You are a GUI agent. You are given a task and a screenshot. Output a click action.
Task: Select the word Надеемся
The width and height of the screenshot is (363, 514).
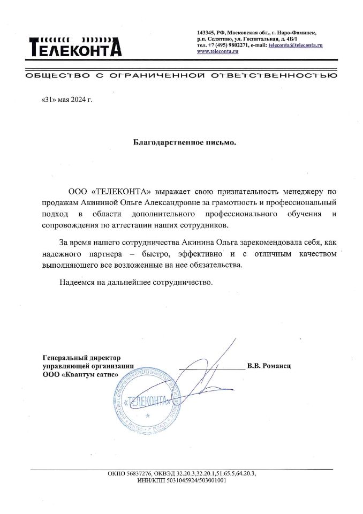(77, 282)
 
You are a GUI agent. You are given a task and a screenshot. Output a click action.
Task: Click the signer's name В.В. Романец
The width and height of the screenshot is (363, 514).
(268, 366)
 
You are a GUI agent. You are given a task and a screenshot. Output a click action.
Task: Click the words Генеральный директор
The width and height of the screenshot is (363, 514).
(82, 357)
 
